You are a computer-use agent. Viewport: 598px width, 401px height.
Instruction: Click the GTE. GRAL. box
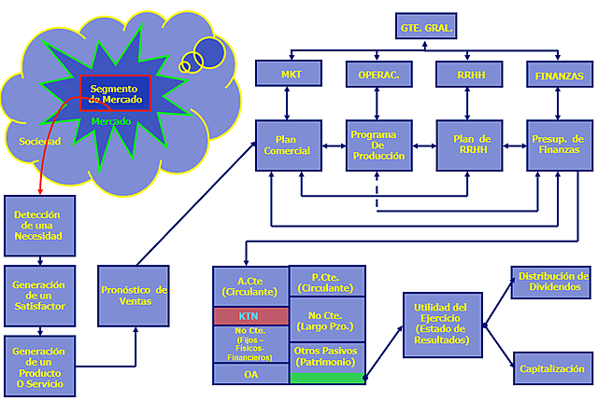tap(427, 29)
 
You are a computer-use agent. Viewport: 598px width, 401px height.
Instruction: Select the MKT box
tap(290, 74)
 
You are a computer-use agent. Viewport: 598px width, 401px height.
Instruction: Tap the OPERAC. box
tap(377, 74)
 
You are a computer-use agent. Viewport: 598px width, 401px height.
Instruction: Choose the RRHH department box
tap(465, 74)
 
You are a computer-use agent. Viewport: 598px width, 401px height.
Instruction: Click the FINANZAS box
tap(559, 74)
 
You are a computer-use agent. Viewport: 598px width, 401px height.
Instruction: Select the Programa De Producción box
tap(377, 145)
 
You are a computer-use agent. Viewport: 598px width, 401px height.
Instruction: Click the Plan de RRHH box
tap(465, 145)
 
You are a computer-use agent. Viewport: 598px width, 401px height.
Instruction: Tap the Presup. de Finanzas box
tap(559, 145)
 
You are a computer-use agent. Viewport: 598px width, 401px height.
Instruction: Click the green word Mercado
tap(110, 121)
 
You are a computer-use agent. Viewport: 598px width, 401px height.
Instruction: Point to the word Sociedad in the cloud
tap(39, 142)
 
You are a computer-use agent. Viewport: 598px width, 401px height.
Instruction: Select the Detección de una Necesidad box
tap(38, 225)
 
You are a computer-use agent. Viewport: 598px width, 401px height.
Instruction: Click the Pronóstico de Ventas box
tap(135, 296)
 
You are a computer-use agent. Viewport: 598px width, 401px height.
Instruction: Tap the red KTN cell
tap(249, 316)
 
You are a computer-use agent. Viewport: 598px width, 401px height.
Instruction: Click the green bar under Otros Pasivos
tap(326, 378)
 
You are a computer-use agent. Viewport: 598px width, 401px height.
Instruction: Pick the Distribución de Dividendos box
tap(552, 282)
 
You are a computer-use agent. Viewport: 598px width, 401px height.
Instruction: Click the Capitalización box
tap(552, 368)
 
